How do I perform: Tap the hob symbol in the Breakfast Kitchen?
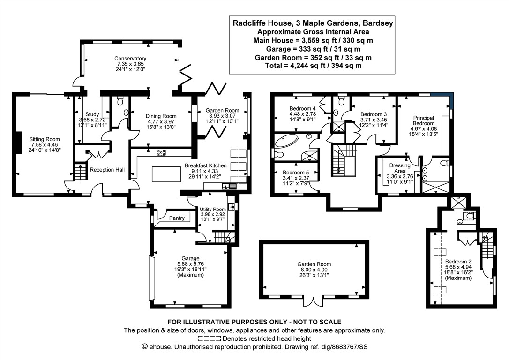162,152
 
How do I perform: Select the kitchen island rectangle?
166,175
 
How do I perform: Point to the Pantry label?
177,218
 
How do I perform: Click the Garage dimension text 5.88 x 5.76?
191,264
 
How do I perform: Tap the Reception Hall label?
107,169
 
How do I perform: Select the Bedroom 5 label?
294,172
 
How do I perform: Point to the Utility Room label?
213,209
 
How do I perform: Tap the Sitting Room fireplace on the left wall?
17,142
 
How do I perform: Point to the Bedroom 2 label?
458,262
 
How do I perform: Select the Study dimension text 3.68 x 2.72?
92,120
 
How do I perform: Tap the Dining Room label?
161,116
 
